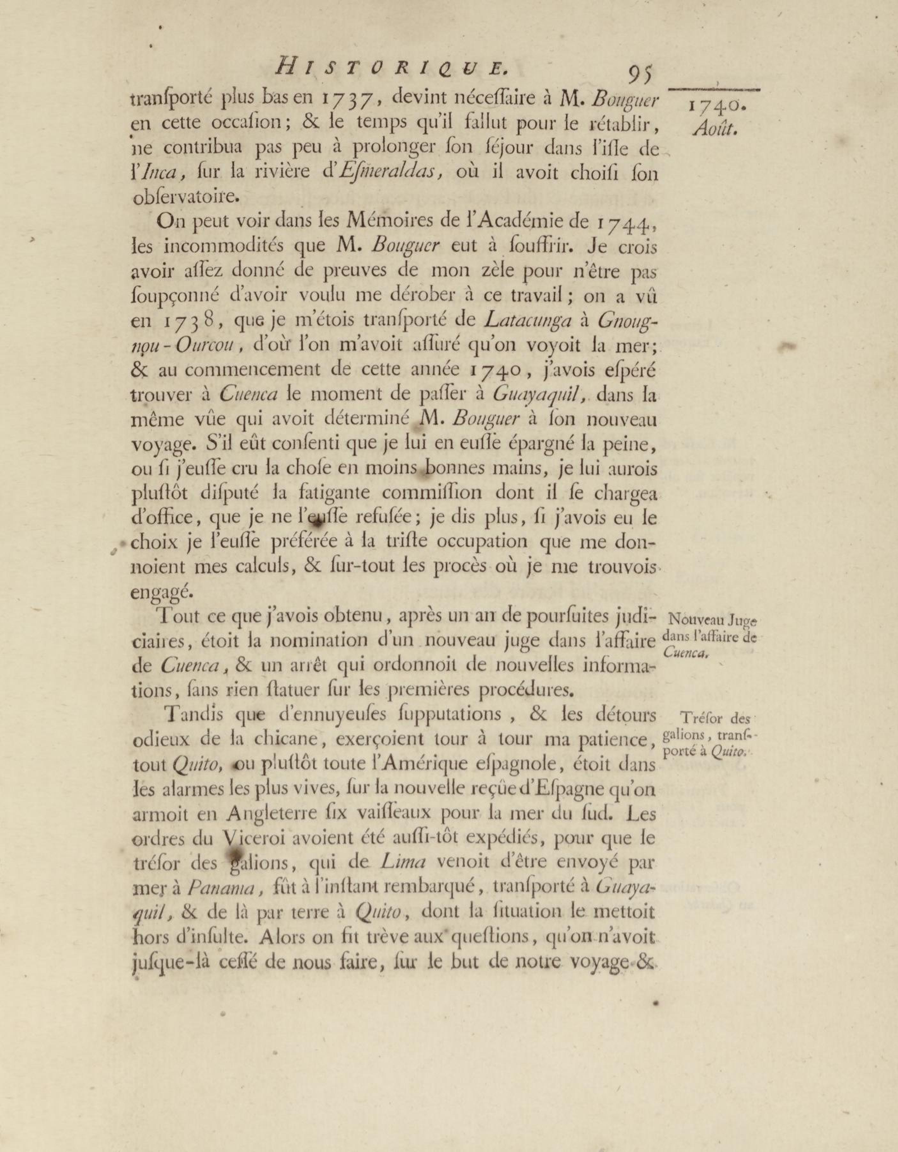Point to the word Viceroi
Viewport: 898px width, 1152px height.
pyautogui.click(x=252, y=837)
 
